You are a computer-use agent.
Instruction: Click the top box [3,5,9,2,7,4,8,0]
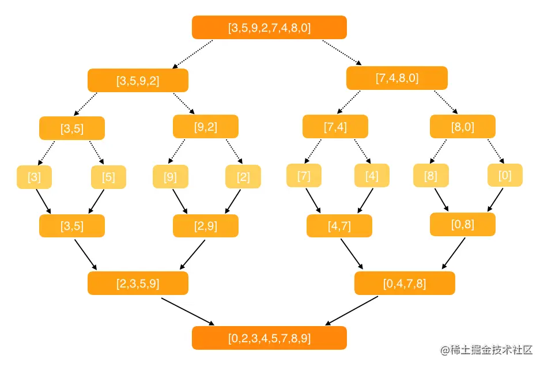coord(269,28)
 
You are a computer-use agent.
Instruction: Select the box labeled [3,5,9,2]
coord(138,81)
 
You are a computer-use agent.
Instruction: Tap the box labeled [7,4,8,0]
coord(397,78)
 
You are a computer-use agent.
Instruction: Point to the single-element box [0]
coord(505,176)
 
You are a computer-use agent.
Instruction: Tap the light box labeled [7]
coord(304,176)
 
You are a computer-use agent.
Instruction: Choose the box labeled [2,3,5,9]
coord(138,283)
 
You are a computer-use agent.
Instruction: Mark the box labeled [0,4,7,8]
coord(405,283)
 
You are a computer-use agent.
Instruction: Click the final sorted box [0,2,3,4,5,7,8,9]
coord(269,338)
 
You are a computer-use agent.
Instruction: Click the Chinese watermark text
coord(487,350)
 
